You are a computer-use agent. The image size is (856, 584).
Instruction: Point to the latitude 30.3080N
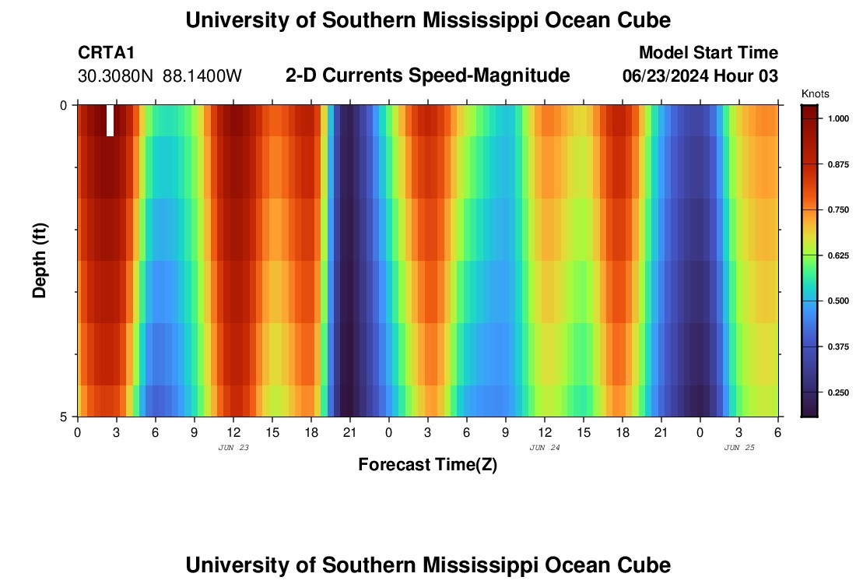[x=116, y=76]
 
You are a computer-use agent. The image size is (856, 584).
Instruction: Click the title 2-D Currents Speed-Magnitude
[x=428, y=76]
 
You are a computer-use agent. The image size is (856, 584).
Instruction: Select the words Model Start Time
[x=708, y=53]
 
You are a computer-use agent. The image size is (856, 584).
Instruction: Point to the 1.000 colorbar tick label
[x=838, y=119]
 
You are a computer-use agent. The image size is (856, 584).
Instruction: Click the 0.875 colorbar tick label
[x=838, y=164]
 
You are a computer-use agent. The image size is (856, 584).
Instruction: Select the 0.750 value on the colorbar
[x=838, y=210]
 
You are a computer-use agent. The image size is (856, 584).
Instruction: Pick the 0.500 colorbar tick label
[x=838, y=301]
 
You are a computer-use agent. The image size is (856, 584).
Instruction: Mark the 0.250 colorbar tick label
[x=838, y=392]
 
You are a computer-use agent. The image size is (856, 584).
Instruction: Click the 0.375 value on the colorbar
[x=838, y=347]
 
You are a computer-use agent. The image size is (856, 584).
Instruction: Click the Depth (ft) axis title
[x=40, y=259]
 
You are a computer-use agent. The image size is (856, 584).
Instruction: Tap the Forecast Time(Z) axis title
[x=427, y=465]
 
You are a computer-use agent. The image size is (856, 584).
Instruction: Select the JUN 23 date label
[x=233, y=448]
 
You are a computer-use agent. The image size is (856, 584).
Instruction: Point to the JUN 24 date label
[x=545, y=448]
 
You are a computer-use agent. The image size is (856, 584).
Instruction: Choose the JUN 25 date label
[x=739, y=448]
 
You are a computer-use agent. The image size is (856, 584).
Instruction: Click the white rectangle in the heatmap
[x=110, y=121]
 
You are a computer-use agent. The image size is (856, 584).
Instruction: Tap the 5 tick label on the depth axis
[x=64, y=417]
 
